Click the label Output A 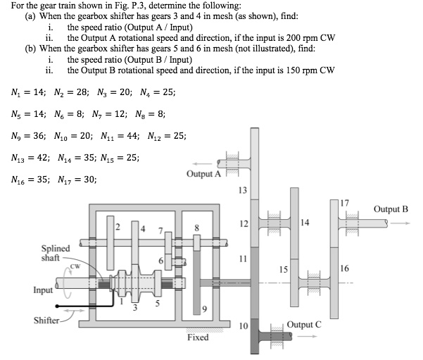[x=203, y=173]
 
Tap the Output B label [x=391, y=209]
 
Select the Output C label [x=305, y=324]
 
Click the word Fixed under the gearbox [x=198, y=337]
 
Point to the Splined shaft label [x=56, y=253]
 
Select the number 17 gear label [x=343, y=204]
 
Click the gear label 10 [x=243, y=325]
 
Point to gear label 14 [x=304, y=223]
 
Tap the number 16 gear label [x=343, y=268]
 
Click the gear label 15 [x=282, y=268]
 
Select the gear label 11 [x=243, y=258]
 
